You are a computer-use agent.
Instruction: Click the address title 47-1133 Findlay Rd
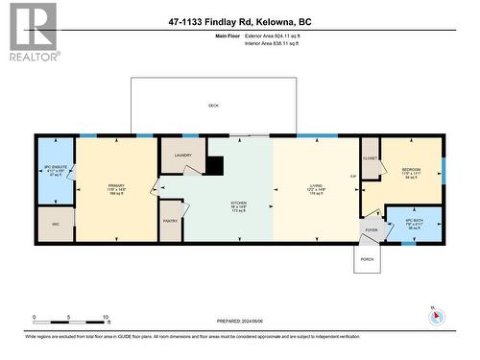(239, 21)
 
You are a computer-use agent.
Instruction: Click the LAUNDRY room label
(183, 155)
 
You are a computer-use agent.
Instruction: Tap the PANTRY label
(171, 221)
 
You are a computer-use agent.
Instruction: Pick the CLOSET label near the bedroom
(371, 158)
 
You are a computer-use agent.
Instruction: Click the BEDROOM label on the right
(414, 171)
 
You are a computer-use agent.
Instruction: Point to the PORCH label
(368, 259)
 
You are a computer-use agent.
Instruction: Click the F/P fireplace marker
(353, 179)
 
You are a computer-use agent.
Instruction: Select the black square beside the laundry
(216, 166)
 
